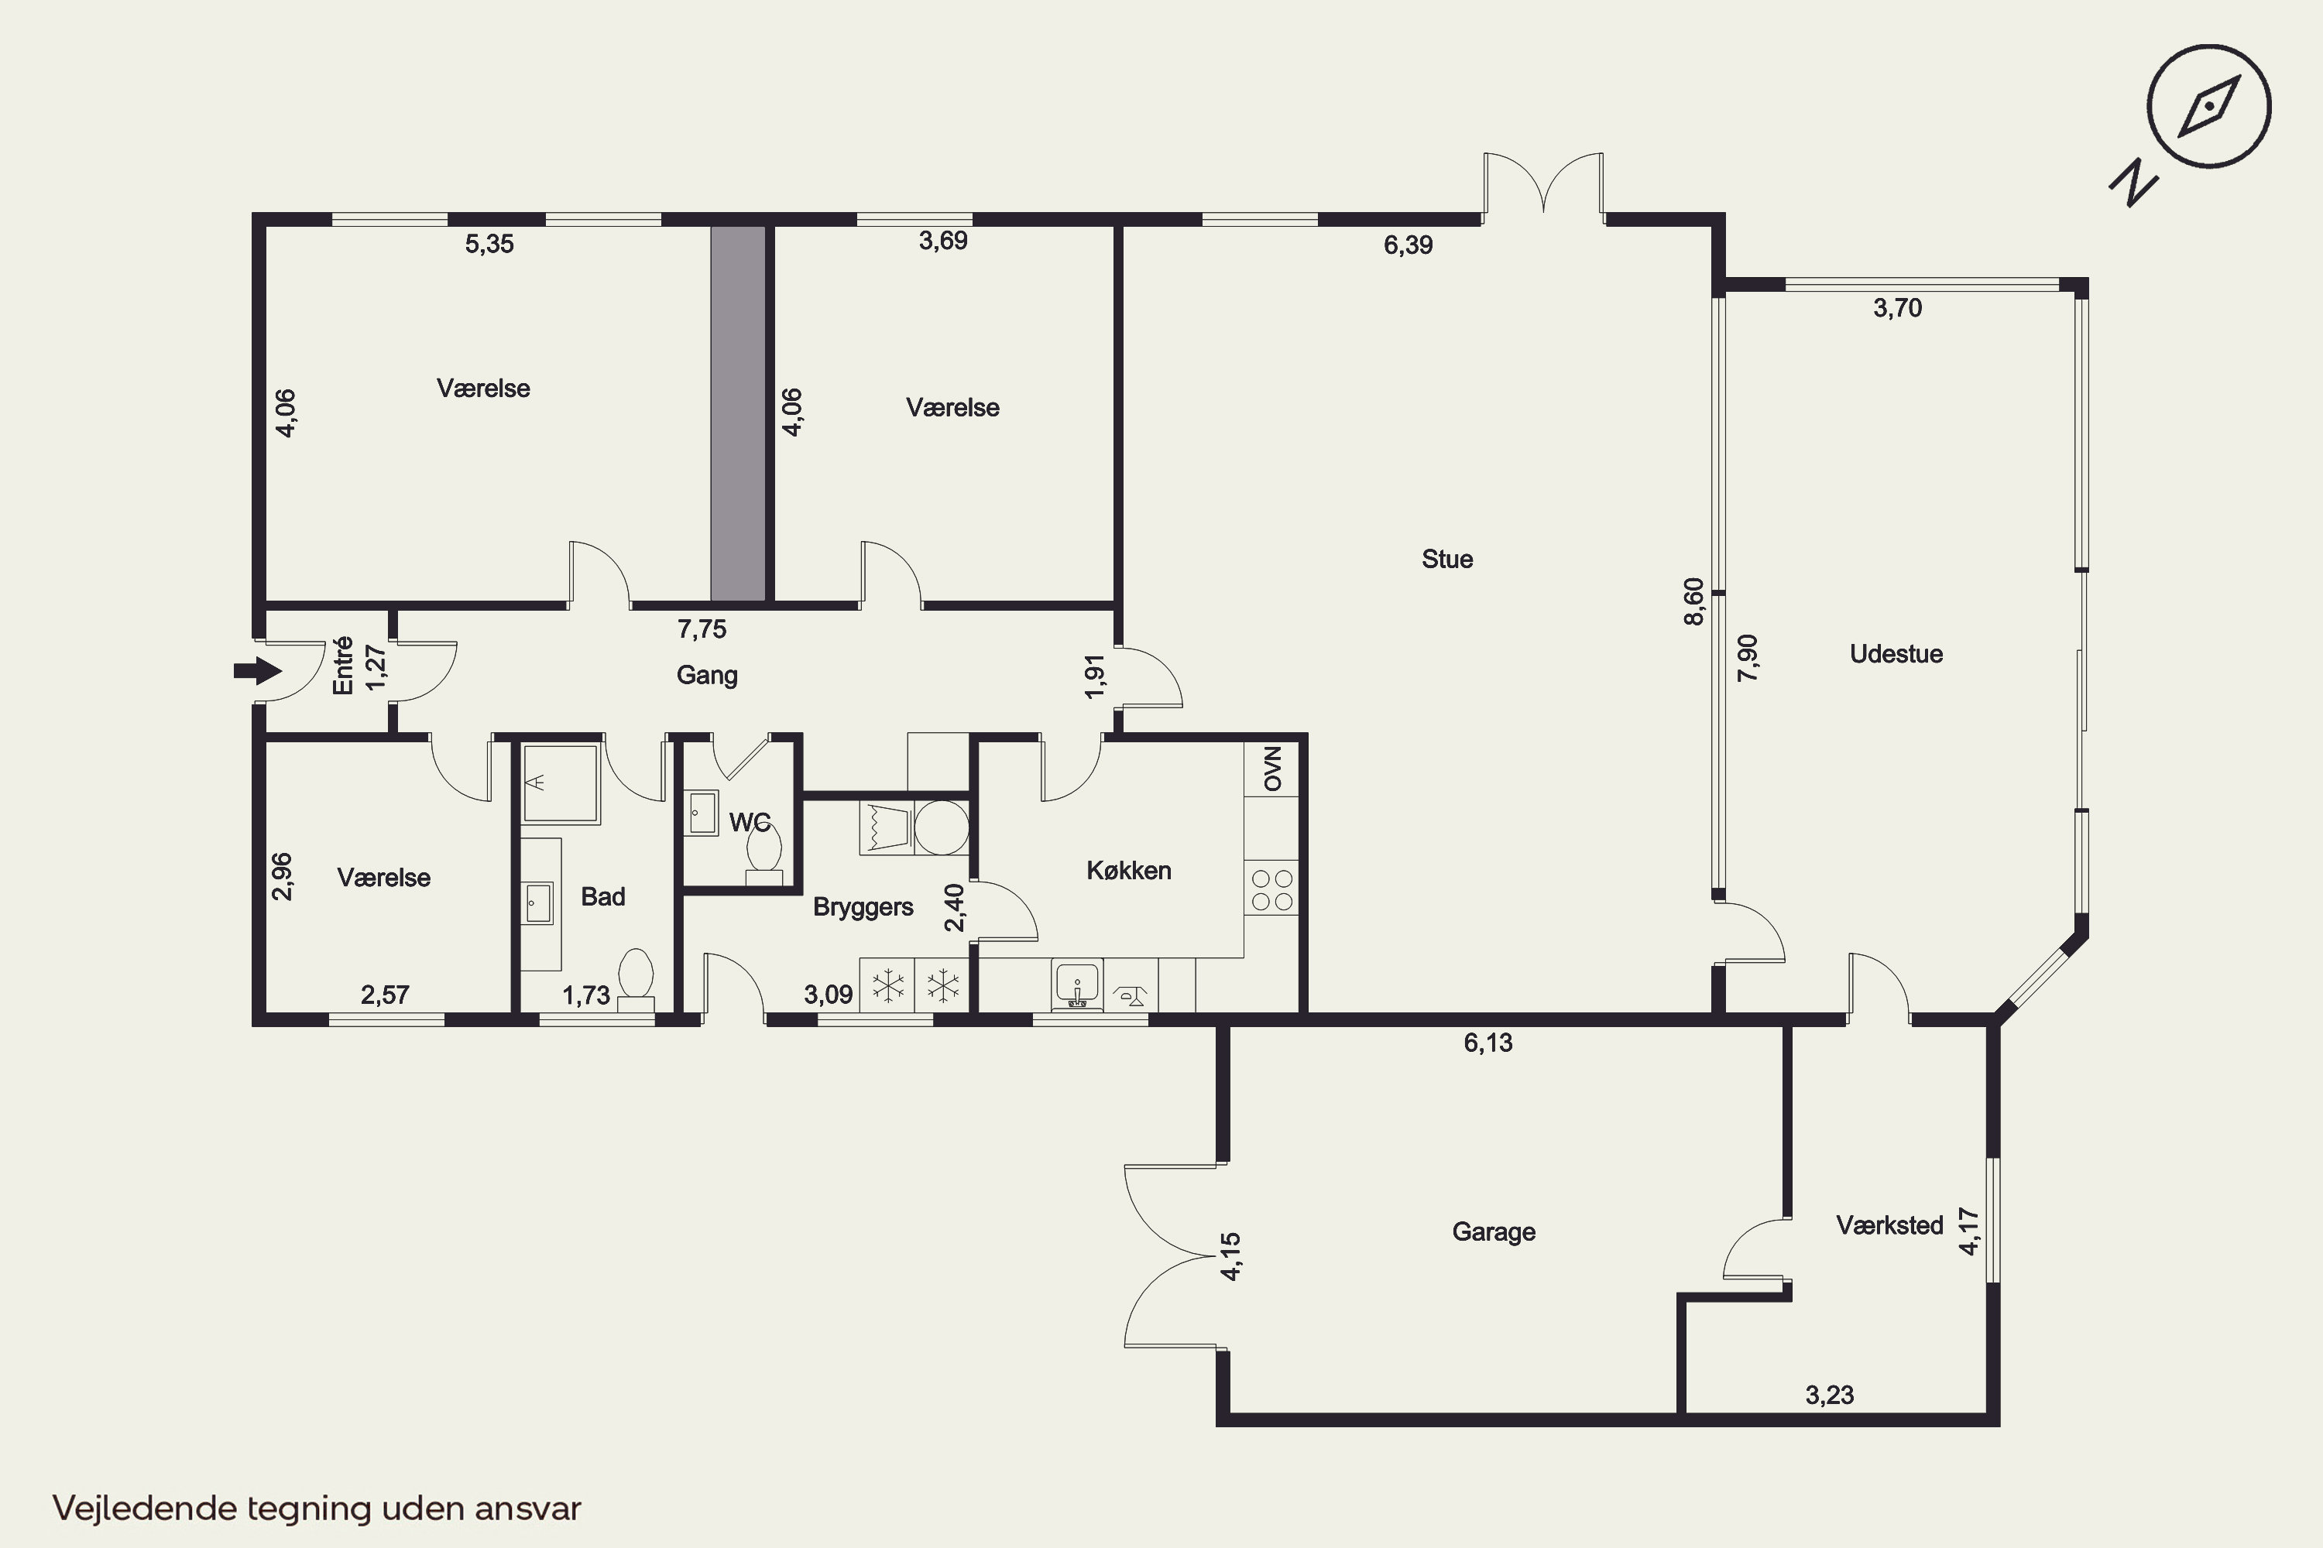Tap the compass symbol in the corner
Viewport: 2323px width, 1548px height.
[2208, 105]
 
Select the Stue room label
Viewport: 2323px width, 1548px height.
[1447, 559]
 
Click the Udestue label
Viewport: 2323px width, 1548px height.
[1896, 653]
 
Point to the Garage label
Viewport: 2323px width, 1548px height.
[1494, 1232]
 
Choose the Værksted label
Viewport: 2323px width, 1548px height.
[1889, 1225]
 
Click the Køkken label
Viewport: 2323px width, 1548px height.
[1129, 870]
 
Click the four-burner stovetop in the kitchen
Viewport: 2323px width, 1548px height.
[1272, 889]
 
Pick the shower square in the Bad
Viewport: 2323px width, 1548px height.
[561, 784]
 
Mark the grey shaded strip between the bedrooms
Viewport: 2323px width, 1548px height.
[739, 413]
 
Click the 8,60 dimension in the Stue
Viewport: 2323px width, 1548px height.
[1694, 601]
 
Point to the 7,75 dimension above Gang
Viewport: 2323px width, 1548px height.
[702, 628]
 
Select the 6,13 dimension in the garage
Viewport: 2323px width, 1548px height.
[1487, 1043]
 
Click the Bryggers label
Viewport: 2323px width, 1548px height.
[863, 907]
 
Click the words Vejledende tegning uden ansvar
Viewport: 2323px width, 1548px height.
[317, 1509]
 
